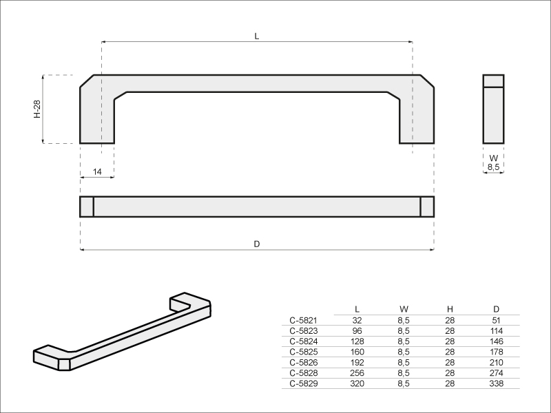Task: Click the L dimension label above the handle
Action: click(x=257, y=36)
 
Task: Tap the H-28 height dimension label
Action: click(x=37, y=109)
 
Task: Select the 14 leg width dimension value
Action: click(x=97, y=171)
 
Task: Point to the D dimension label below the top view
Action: click(x=257, y=244)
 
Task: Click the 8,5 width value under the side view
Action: click(x=493, y=167)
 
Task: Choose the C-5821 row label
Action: click(x=303, y=320)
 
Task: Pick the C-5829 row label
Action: click(x=304, y=383)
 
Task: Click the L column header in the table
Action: click(x=357, y=309)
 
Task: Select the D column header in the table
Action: click(x=496, y=309)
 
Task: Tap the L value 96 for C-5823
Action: click(x=357, y=331)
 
